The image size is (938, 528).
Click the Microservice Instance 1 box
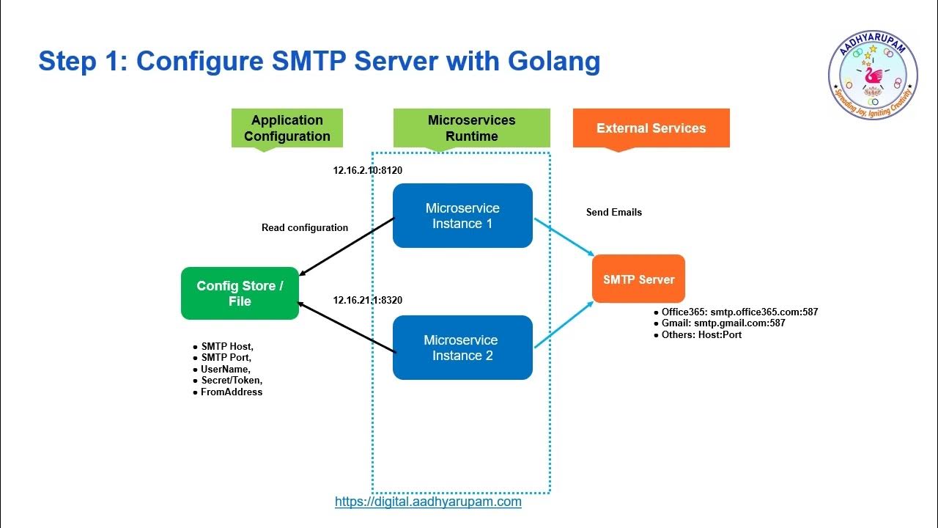(462, 216)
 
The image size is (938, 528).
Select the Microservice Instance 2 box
(462, 348)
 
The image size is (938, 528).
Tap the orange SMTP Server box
(638, 279)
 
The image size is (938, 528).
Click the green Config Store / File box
(240, 293)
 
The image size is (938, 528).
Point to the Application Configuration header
(287, 128)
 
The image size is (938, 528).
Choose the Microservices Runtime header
(471, 128)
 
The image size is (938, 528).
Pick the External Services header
(651, 128)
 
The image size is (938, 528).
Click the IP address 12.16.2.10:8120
(368, 171)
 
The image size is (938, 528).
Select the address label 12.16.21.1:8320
(368, 300)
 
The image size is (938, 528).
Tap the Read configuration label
(305, 227)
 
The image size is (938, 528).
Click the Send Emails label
(614, 212)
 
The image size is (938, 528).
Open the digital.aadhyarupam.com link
(428, 502)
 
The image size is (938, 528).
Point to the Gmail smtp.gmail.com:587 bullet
(723, 323)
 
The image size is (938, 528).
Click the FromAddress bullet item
(232, 392)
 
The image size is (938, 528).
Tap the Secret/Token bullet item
(232, 381)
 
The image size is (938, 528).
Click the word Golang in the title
(554, 61)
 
